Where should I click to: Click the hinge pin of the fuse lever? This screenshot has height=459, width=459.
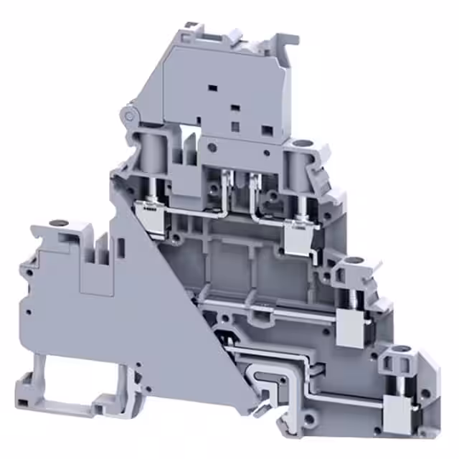click(129, 114)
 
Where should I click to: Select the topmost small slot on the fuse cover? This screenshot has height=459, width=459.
click(213, 87)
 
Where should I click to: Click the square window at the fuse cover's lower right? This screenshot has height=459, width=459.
click(267, 131)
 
